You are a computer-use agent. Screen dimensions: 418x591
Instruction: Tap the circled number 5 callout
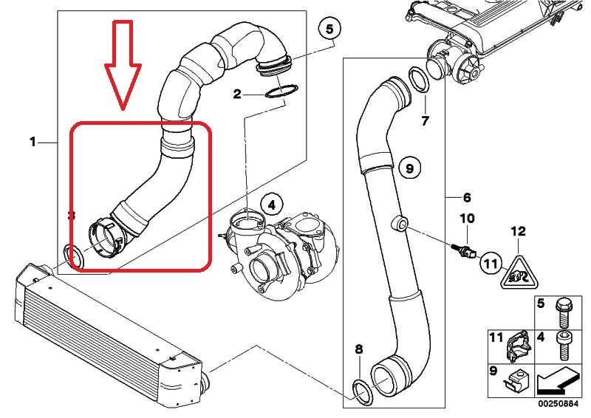(x=329, y=30)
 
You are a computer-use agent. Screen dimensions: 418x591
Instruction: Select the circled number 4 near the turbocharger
(x=270, y=204)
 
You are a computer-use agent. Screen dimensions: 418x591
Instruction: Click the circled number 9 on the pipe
(x=411, y=169)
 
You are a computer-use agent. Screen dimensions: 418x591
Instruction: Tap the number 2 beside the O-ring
(x=238, y=94)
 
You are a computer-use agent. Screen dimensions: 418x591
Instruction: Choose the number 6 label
(x=466, y=198)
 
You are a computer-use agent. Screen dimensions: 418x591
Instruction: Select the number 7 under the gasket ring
(x=425, y=120)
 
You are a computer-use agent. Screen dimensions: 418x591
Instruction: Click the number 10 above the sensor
(x=467, y=219)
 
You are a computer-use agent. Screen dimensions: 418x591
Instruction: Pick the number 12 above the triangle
(x=517, y=232)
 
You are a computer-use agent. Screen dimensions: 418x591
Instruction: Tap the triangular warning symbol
(x=518, y=274)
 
